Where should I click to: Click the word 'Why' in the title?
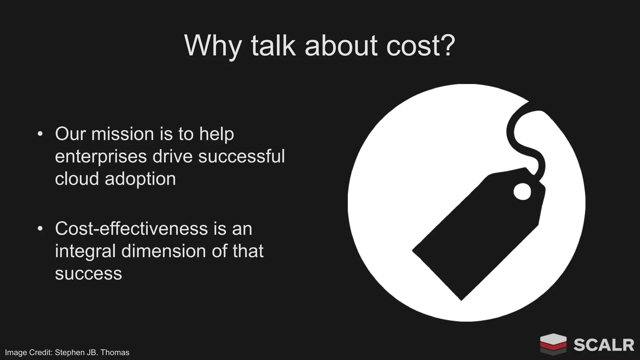pos(212,46)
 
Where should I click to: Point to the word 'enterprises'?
pos(101,157)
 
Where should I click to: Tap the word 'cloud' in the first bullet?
pos(77,179)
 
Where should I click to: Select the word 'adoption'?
pos(140,179)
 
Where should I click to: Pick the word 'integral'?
pos(85,251)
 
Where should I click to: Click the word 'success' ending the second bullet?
pos(88,274)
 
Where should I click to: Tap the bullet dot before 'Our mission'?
pos(40,134)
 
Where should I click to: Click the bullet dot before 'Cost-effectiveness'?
pos(40,228)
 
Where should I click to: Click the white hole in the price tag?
pos(522,191)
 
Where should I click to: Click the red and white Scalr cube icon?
pos(553,344)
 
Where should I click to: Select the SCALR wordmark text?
pos(603,345)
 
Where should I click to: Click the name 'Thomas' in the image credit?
pos(115,352)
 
